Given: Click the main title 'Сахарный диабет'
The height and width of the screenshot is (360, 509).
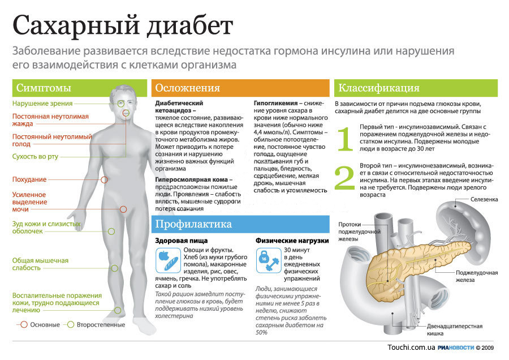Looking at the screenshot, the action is click(123, 25).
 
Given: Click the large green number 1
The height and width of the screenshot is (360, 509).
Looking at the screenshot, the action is click(345, 139).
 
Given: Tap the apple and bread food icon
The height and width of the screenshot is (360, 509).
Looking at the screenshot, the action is click(168, 260).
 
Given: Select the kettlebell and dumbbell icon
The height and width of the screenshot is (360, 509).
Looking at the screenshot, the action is click(269, 260).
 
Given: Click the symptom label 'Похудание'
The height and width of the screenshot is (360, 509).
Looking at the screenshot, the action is click(29, 179).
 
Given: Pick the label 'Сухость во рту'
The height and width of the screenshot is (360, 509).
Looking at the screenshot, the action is click(35, 157).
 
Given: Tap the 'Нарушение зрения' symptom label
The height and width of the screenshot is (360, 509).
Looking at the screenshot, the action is click(42, 104).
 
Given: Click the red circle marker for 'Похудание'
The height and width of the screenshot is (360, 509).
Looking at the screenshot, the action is click(104, 179).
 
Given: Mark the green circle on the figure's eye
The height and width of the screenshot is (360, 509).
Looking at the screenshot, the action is click(121, 104).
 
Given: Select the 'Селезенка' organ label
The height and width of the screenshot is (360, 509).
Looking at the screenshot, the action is click(484, 199).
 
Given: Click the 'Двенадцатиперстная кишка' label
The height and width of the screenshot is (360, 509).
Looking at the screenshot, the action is click(455, 330).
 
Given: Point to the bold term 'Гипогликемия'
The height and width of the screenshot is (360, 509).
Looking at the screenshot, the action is click(275, 104).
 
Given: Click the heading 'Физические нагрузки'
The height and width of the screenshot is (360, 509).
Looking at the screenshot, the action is click(292, 241).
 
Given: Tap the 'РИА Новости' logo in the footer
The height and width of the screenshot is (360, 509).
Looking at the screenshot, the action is click(456, 348).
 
